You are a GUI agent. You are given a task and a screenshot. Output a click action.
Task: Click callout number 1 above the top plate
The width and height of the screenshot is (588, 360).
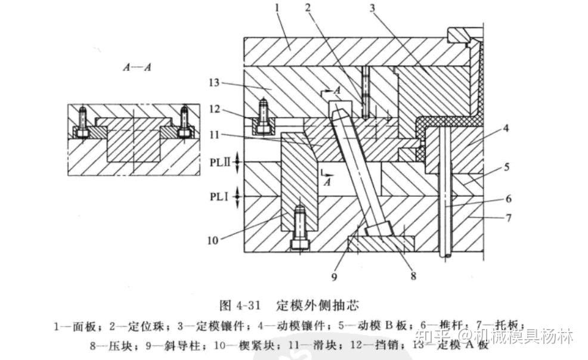pyautogui.click(x=277, y=8)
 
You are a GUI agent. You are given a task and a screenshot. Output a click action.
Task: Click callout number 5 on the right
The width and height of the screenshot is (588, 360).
pyautogui.click(x=506, y=167)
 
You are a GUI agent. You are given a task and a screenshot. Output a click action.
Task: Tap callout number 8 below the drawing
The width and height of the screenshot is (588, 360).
pyautogui.click(x=413, y=275)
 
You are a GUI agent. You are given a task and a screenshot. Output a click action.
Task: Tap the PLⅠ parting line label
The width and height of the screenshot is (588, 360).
pyautogui.click(x=221, y=195)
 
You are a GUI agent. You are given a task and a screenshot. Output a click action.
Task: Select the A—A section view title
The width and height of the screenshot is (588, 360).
pyautogui.click(x=137, y=67)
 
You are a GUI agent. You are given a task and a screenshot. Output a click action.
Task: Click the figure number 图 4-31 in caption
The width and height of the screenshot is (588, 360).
pyautogui.click(x=240, y=306)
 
